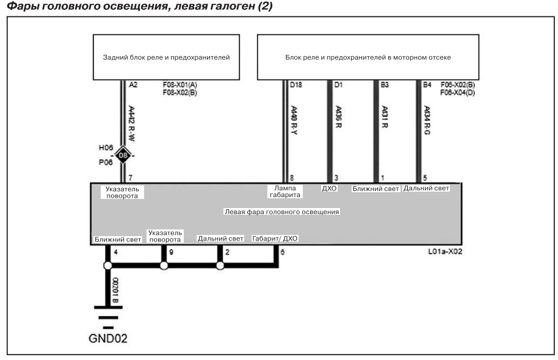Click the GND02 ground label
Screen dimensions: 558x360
[x=108, y=338]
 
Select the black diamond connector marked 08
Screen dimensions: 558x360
[x=123, y=156]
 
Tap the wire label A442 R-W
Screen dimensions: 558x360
[x=131, y=123]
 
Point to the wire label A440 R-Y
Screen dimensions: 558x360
[x=294, y=120]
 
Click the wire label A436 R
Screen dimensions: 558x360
[x=338, y=117]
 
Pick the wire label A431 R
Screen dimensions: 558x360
[x=385, y=117]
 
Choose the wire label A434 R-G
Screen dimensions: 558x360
[x=427, y=120]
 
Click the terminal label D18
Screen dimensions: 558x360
[x=295, y=85]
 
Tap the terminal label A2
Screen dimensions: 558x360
[x=133, y=85]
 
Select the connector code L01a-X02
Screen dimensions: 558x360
[x=445, y=251]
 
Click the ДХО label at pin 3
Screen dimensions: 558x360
[x=329, y=188]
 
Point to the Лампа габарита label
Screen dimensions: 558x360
[x=285, y=192]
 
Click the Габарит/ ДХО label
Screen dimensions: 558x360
[x=275, y=239]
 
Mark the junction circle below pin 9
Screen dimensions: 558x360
[x=164, y=265]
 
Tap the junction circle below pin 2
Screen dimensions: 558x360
[x=220, y=265]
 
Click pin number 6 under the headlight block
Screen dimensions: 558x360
[x=283, y=252]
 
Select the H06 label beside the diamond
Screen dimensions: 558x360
[x=106, y=148]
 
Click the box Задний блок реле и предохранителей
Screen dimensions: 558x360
[x=166, y=57]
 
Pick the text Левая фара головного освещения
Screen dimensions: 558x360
[x=282, y=212]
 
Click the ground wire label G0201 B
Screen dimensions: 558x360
[x=115, y=290]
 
